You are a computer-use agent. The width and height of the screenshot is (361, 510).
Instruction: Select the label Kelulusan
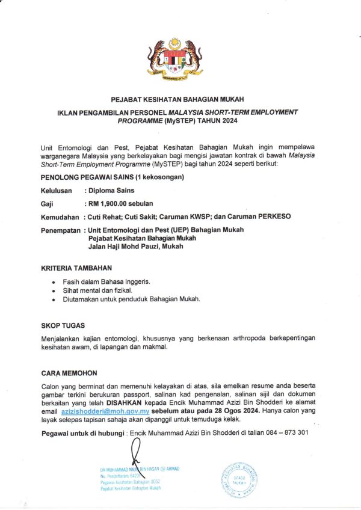(x=57, y=191)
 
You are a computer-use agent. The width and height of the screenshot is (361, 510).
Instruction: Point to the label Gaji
(x=47, y=204)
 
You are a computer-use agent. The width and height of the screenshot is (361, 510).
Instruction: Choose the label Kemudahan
(x=60, y=217)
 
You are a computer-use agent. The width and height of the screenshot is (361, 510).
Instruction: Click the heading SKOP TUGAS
(x=63, y=325)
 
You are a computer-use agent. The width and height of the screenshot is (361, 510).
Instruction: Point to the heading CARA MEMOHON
(x=69, y=373)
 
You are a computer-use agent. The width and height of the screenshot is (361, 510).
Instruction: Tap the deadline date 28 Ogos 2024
(x=235, y=411)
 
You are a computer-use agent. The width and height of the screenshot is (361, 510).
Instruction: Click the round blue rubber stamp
(x=240, y=480)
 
